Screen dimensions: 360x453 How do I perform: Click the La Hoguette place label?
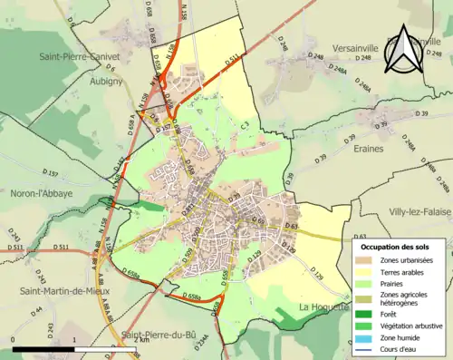coord(322,307)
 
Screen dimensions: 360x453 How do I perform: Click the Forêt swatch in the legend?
coord(368,316)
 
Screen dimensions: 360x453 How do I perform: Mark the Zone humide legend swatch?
coord(368,341)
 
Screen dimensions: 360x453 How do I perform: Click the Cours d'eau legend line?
coord(368,353)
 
